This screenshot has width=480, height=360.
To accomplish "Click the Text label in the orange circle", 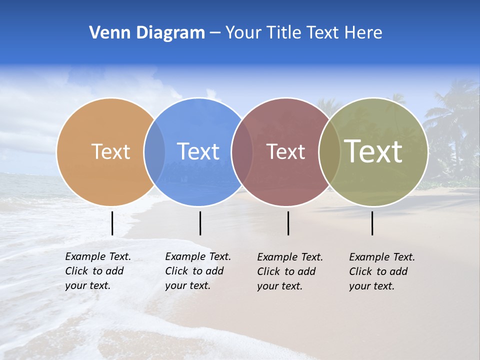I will pos(110,151).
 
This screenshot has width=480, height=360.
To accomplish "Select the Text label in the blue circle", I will pos(198,151).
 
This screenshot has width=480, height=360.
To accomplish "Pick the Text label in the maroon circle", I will pos(285,151).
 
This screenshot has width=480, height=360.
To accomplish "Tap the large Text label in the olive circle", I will pos(373,151).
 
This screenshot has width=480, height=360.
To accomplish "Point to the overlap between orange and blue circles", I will pos(154,151).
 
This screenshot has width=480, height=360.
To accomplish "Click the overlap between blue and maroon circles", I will pos(242,151).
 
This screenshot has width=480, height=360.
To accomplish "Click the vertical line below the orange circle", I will pos(112,223).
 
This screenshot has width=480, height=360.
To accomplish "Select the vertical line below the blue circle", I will pos(200,223).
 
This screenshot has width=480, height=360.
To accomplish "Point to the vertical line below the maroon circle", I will pos(288,223).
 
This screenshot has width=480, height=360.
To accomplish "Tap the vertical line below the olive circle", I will pos(372,223).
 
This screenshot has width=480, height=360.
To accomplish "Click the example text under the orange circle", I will pos(98,271).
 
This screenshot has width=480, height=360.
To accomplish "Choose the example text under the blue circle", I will pos(198,271).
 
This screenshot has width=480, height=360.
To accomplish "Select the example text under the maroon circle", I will pos(290,271).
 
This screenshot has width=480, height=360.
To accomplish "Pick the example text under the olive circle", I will pos(382,271).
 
